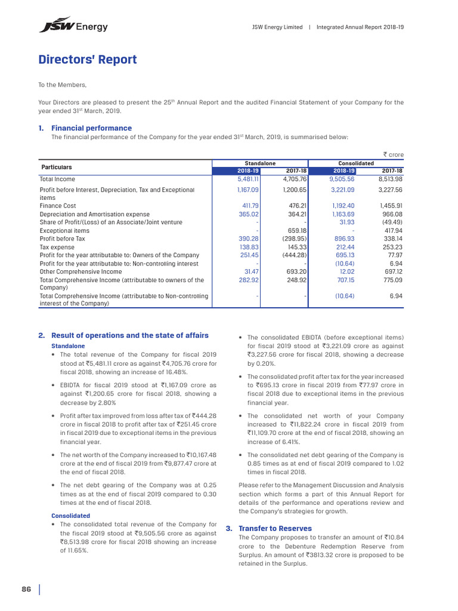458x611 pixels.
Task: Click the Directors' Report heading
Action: (x=88, y=60)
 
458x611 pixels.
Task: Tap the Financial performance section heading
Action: (x=91, y=128)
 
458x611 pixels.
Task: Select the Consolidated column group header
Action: (x=355, y=163)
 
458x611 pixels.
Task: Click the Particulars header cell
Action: (x=56, y=167)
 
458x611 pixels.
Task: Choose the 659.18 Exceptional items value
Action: (x=296, y=230)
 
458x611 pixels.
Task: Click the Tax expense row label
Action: (x=57, y=247)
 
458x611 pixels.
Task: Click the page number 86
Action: (x=26, y=590)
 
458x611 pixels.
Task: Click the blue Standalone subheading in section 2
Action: (x=68, y=346)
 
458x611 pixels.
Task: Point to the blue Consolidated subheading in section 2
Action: (x=70, y=516)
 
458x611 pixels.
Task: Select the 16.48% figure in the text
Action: (x=185, y=371)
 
